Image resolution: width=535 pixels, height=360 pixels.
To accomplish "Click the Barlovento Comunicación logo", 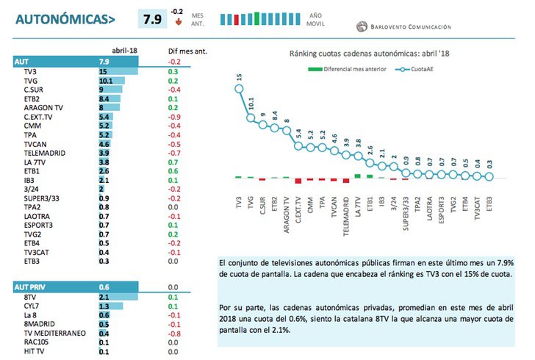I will click(x=403, y=27).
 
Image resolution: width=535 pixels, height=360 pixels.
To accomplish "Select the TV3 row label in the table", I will click(x=30, y=72).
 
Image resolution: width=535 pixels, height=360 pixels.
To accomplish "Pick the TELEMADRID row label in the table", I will click(x=45, y=153).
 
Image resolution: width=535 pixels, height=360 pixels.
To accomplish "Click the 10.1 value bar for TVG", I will click(x=107, y=81).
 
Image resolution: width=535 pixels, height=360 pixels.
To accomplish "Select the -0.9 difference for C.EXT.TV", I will click(x=174, y=117).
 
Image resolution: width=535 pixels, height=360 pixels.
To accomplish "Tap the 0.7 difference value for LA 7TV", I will click(x=173, y=162).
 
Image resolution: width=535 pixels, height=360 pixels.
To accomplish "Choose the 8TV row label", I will click(x=30, y=297).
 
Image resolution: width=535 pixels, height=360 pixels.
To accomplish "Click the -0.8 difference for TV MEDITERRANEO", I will click(x=174, y=333).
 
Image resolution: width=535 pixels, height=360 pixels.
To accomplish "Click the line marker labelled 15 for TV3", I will click(x=239, y=89).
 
